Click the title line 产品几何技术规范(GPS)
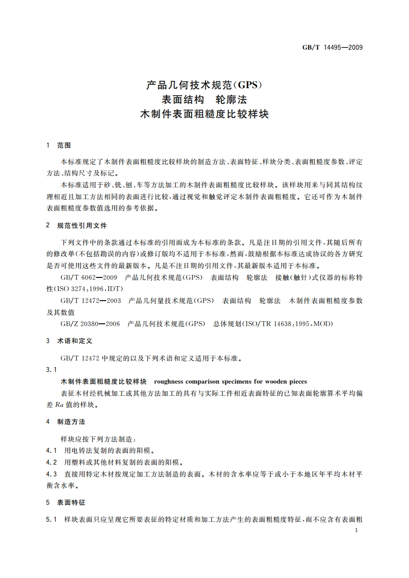coord(205,83)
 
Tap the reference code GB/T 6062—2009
coord(89,277)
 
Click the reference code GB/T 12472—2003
coord(91,300)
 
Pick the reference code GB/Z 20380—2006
coord(91,323)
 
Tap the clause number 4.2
coord(51,462)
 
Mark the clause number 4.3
coord(51,474)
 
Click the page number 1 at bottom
coord(356,530)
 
